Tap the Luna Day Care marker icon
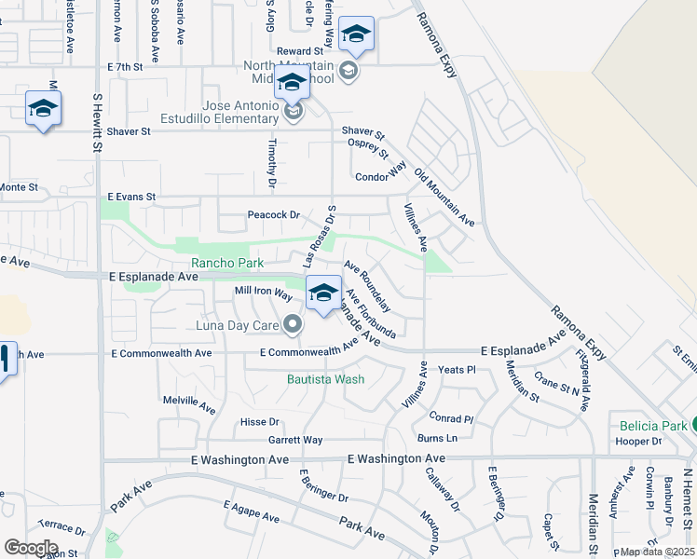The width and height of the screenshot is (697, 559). pos(293,324)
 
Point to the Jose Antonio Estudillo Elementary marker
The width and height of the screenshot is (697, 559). pos(293,112)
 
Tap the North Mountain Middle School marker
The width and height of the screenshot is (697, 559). pos(348,72)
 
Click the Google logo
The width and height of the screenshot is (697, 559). pos(31,548)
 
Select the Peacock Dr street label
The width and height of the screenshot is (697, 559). pos(274,215)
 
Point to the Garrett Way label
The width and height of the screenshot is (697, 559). pos(295,440)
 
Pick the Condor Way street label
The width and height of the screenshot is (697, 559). pos(381,175)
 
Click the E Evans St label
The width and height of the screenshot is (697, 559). pos(131,198)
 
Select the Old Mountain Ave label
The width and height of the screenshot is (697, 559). pos(444,198)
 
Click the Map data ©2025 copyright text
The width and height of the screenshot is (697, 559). pos(658,552)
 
